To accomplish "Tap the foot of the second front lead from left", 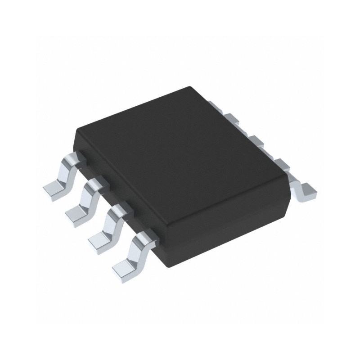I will tap(77, 214).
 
